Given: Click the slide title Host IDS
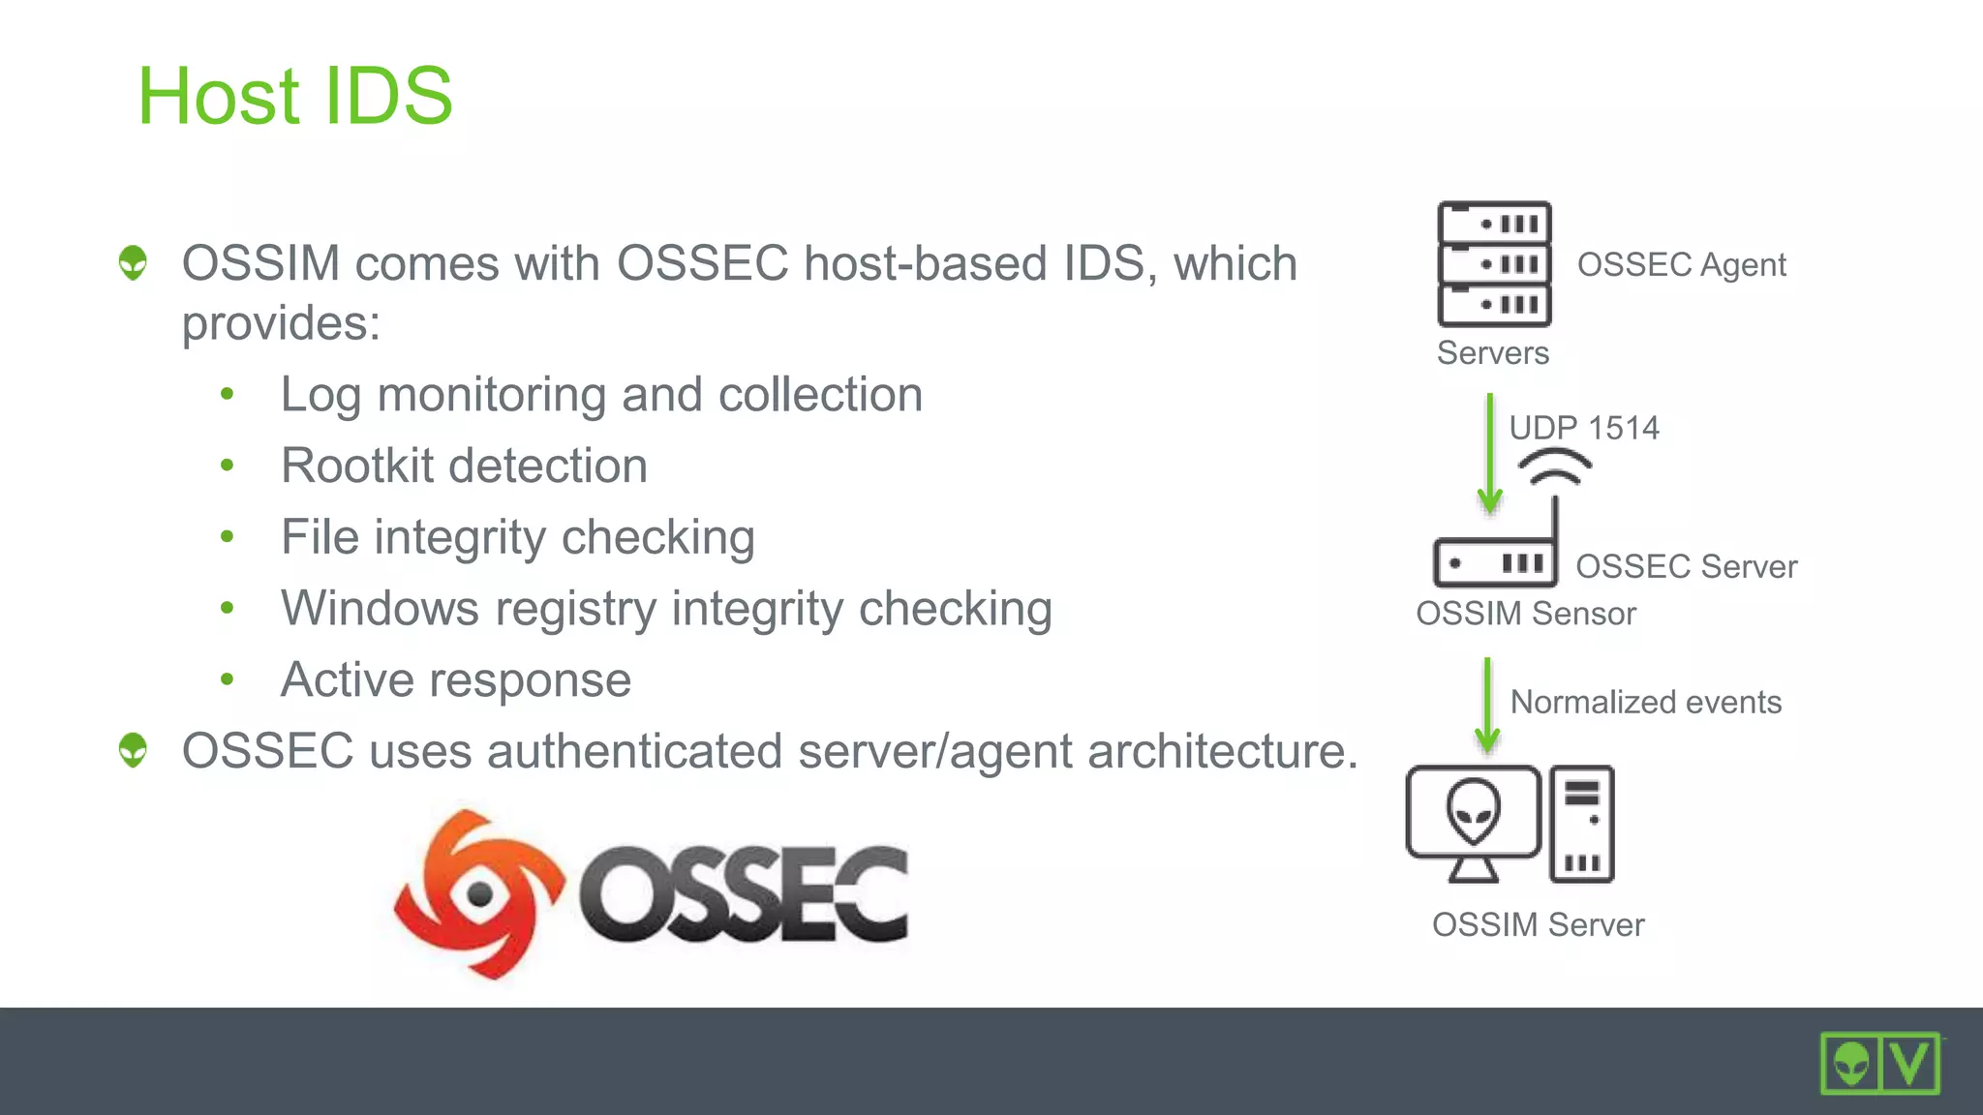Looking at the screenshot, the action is [295, 96].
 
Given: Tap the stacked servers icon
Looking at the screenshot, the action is [1494, 264].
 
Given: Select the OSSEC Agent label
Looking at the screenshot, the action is [1681, 264].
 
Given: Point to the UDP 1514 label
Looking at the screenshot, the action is [1584, 428].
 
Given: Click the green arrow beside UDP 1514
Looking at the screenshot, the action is [1490, 453].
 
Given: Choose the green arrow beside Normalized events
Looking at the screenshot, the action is [1487, 706].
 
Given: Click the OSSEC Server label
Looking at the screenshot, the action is [1686, 566].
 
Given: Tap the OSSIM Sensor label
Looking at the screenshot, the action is [1525, 614].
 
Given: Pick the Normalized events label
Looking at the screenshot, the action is [1645, 702].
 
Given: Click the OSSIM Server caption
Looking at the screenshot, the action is [1538, 924].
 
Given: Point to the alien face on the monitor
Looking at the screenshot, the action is [1473, 810].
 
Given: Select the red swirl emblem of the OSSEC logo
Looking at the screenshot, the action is [478, 893].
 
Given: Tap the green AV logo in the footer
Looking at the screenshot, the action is [1879, 1063].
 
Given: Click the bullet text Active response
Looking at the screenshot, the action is [455, 679].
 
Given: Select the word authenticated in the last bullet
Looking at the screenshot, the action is [634, 751].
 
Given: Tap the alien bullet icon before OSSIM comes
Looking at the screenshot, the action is [134, 262].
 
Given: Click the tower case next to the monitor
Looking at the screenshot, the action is [1581, 824].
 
